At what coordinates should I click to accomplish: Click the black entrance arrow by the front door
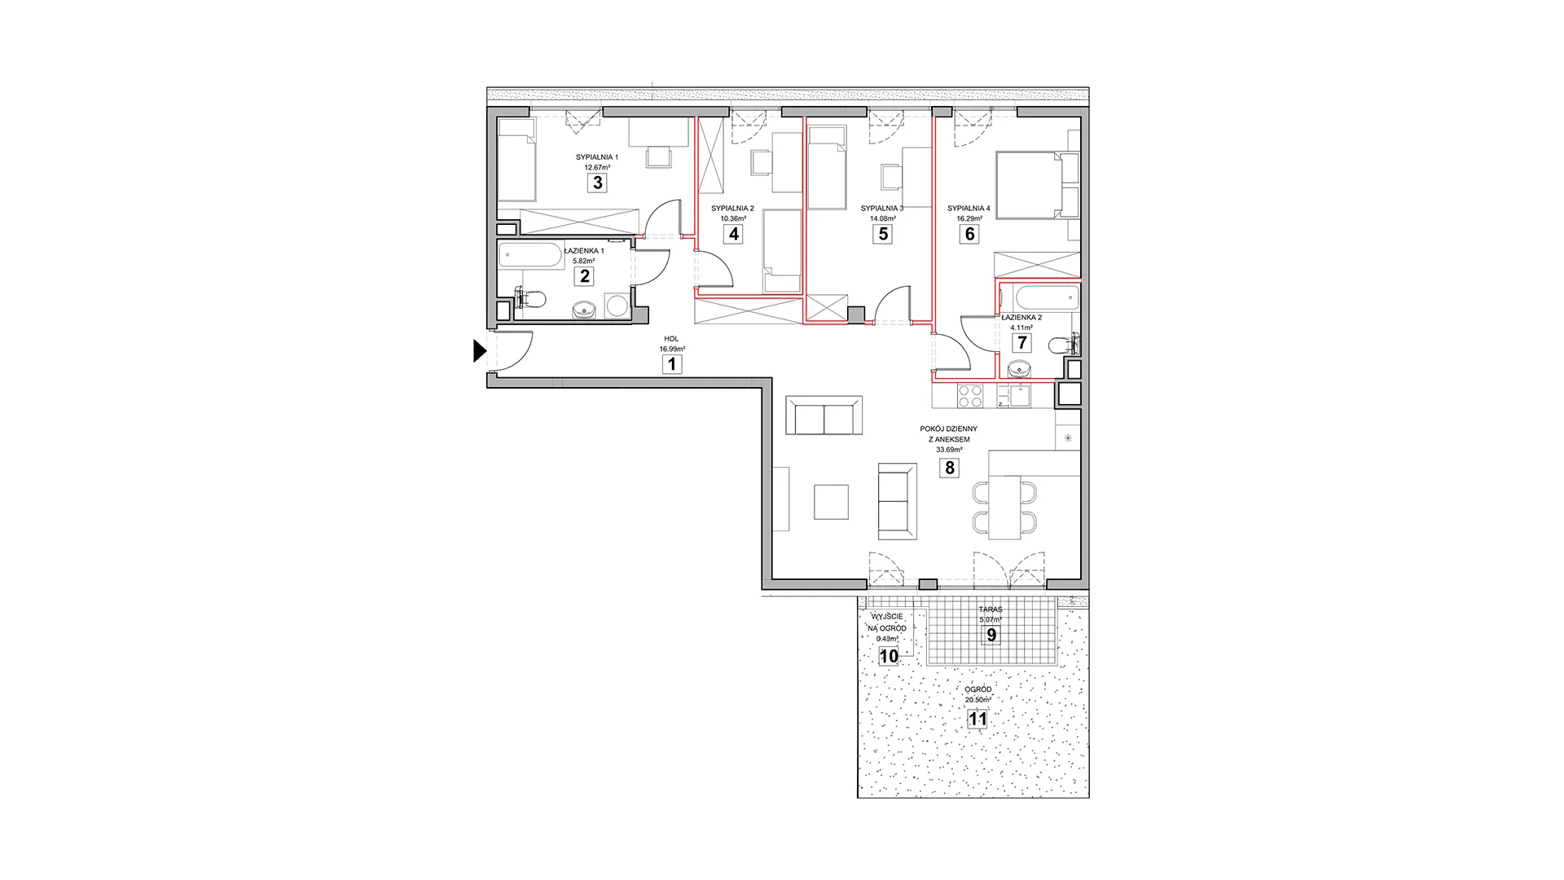click(480, 350)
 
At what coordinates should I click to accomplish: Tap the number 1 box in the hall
click(672, 364)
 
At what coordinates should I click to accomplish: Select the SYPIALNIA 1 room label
click(597, 157)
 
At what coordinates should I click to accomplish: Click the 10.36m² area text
click(733, 218)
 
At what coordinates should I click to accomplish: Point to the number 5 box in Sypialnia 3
click(882, 234)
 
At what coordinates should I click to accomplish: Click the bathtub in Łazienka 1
click(530, 256)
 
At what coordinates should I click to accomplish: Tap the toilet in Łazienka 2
click(1063, 345)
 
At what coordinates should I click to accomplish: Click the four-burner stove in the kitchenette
click(969, 396)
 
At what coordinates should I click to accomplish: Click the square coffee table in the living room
click(832, 502)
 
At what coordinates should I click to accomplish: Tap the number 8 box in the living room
click(949, 468)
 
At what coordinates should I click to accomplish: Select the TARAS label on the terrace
click(991, 609)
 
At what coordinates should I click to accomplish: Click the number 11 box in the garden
click(977, 719)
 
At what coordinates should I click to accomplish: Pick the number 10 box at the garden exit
click(889, 656)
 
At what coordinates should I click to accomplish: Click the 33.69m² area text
click(949, 450)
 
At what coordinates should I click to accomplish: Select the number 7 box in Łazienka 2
click(1021, 343)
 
